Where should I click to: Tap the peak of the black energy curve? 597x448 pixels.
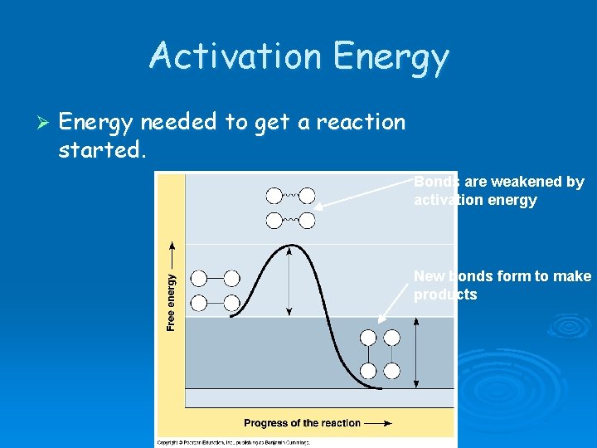click(x=289, y=246)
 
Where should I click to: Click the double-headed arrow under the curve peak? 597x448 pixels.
click(x=289, y=281)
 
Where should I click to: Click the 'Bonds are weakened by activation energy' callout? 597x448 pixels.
click(x=499, y=191)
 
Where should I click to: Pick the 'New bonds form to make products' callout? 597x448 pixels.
click(x=502, y=285)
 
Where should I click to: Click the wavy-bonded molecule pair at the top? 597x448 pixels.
click(x=290, y=207)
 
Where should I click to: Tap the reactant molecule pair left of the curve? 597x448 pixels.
click(x=215, y=290)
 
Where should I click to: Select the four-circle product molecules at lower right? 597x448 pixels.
click(x=380, y=354)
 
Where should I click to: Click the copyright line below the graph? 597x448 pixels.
click(x=234, y=442)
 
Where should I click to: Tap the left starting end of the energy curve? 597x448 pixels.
click(x=231, y=316)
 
